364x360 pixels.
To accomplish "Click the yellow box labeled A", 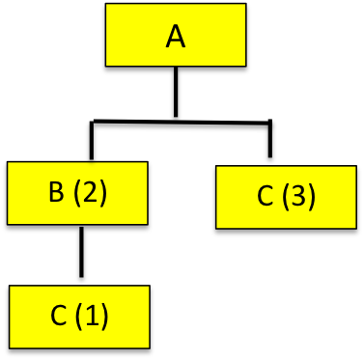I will [175, 35].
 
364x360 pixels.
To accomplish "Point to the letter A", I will [175, 37].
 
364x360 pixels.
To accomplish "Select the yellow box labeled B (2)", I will [77, 193].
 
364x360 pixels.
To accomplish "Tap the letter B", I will [56, 192].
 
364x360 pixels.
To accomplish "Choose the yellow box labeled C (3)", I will [287, 197].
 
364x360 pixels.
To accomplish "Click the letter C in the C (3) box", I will [266, 197].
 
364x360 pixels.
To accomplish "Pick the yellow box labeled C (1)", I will [79, 316].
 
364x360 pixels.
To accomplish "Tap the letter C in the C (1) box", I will [58, 316].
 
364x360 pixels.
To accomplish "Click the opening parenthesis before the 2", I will [76, 193].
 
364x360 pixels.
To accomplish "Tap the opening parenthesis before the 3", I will [286, 198].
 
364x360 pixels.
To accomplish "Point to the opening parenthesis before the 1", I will [78, 317].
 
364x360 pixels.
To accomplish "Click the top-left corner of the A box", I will [106, 4].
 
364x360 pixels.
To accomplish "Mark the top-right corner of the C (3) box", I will [356, 167].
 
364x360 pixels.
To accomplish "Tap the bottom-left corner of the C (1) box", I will [10, 346].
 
